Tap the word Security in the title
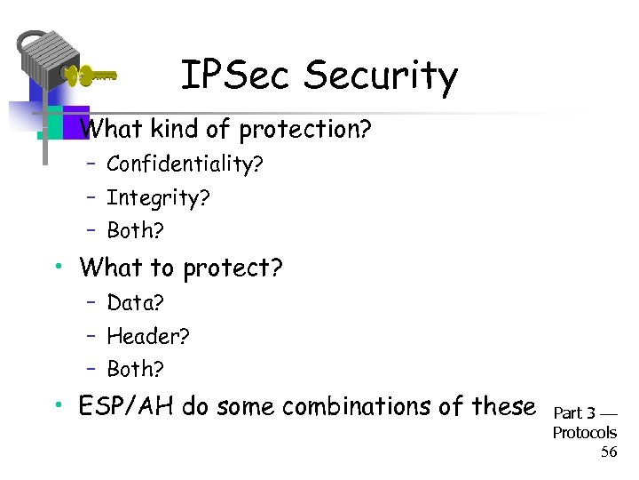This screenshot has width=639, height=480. (381, 77)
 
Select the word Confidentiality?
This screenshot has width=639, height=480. (185, 164)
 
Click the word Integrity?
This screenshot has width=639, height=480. (158, 197)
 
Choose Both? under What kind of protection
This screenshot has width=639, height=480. (136, 230)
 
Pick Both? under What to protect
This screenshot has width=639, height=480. (136, 369)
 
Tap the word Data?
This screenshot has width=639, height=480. (135, 303)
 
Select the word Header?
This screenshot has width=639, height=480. (148, 336)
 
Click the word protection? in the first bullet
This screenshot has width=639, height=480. (303, 130)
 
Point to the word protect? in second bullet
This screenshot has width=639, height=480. (233, 268)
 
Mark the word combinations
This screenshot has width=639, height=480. (353, 406)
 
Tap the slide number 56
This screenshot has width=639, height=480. (608, 452)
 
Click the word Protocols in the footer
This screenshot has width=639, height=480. (584, 433)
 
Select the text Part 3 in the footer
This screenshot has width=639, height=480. (574, 413)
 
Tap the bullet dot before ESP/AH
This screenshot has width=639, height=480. (56, 406)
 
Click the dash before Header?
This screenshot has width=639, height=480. (91, 336)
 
